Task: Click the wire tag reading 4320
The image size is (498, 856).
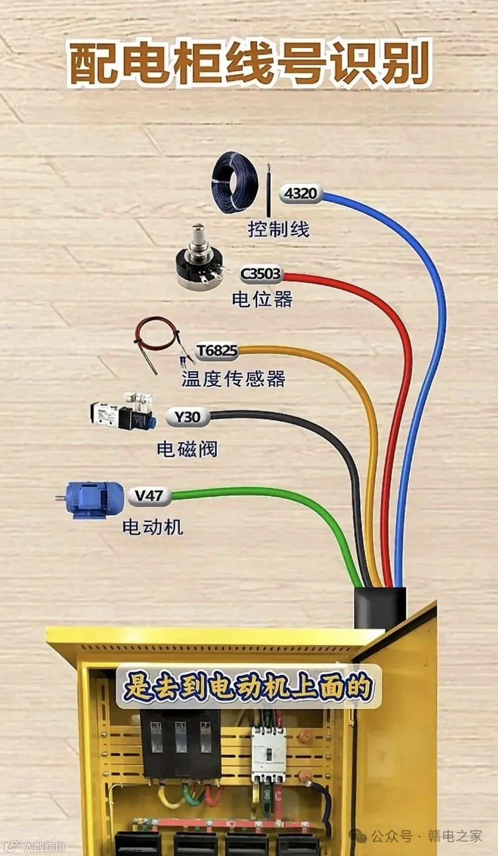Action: click(x=300, y=193)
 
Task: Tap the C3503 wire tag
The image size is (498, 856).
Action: click(x=261, y=274)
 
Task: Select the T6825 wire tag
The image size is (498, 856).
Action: click(x=217, y=351)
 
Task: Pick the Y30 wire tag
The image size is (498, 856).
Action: click(x=187, y=417)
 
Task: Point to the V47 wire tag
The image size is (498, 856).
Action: click(x=149, y=496)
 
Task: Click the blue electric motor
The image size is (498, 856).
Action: click(x=93, y=499)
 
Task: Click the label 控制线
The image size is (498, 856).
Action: click(x=278, y=229)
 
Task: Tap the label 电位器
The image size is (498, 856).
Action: click(x=262, y=299)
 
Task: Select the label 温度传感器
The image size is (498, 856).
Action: click(x=233, y=379)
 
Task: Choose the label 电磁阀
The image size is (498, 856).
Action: click(x=187, y=449)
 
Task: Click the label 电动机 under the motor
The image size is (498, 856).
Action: click(x=152, y=527)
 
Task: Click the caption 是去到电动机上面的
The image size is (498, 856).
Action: click(x=248, y=686)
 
